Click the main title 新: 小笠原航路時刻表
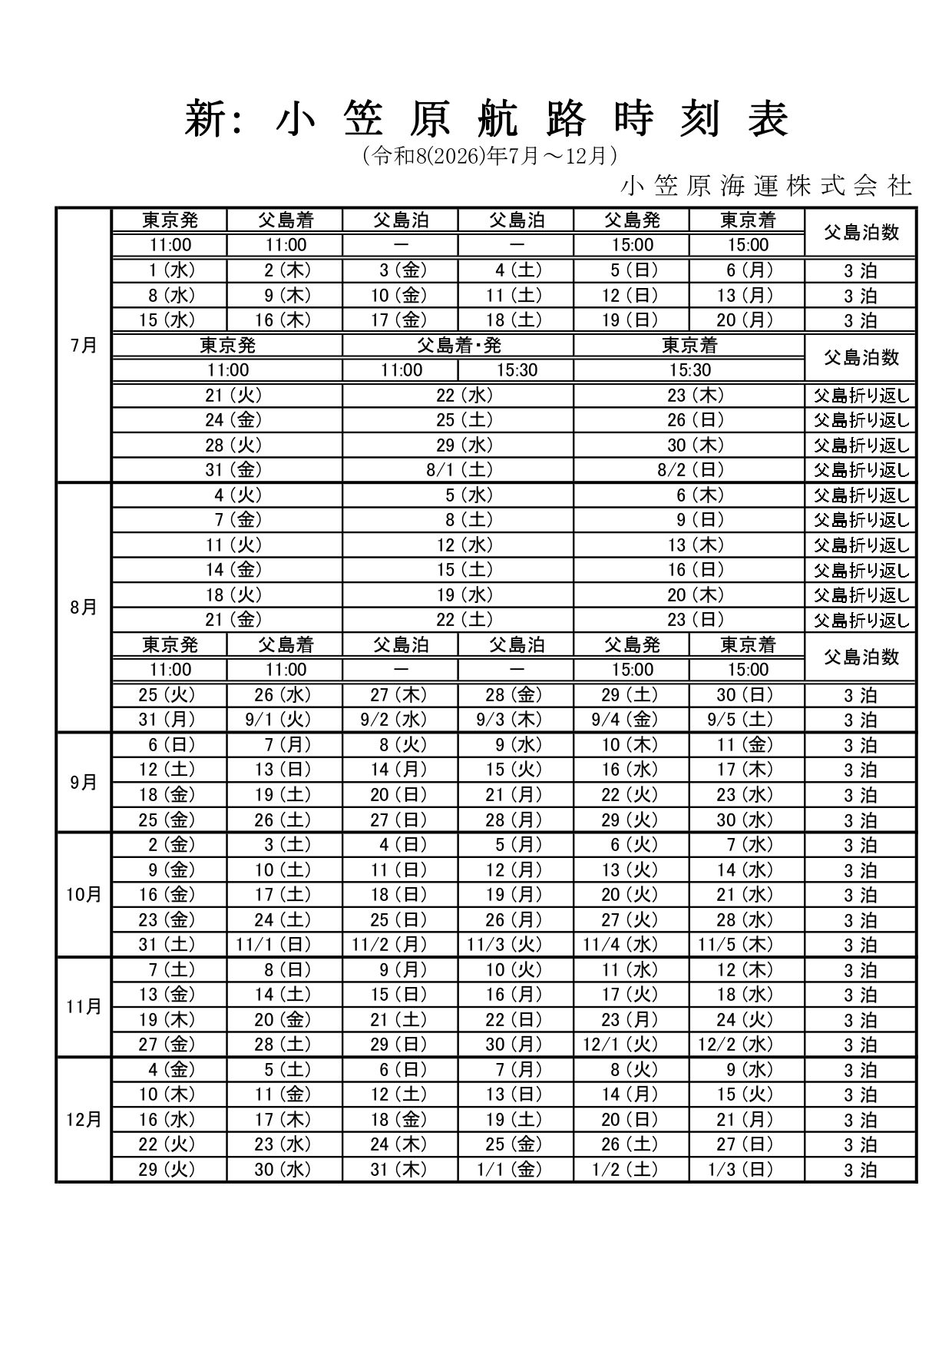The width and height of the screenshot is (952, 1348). [x=487, y=120]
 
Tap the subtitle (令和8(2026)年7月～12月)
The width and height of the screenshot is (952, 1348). [x=490, y=157]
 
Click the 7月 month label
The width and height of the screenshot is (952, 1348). [x=84, y=346]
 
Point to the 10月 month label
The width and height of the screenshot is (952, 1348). [x=84, y=895]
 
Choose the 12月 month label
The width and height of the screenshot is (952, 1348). [x=84, y=1119]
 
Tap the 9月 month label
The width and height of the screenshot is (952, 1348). [x=84, y=783]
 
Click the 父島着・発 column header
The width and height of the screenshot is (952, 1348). [x=458, y=346]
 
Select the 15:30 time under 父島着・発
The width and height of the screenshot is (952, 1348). [x=517, y=370]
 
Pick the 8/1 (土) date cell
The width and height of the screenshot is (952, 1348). [x=458, y=470]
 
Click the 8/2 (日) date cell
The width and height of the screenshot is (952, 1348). [x=689, y=470]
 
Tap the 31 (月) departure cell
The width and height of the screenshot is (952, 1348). [x=168, y=720]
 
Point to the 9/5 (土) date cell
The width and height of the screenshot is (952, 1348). [x=747, y=720]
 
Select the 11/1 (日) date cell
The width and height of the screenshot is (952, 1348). [x=284, y=945]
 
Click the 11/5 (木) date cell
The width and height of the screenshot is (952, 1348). [x=747, y=945]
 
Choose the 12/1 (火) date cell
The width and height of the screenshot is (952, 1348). [x=631, y=1045]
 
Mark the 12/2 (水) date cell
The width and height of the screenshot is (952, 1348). [x=747, y=1045]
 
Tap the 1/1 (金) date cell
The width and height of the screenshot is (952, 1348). [x=515, y=1170]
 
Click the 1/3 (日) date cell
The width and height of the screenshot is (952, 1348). [x=747, y=1170]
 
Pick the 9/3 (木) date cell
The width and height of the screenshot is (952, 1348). [x=515, y=720]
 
